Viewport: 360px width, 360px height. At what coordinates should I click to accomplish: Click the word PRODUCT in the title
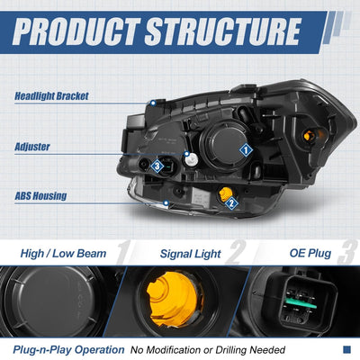(76, 31)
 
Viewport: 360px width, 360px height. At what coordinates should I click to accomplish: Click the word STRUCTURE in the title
(223, 31)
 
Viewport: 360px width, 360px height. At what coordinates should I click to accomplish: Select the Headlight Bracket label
(51, 96)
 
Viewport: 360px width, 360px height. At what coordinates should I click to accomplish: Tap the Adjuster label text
(32, 147)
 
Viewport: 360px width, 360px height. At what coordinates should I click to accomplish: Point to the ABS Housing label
(40, 196)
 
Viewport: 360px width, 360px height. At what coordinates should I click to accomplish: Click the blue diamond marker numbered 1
(246, 150)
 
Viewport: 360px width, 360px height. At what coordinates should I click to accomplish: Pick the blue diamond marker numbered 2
(231, 203)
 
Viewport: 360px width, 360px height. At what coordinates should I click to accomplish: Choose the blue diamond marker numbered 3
(157, 166)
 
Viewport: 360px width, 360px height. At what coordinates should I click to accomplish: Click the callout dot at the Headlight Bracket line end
(153, 103)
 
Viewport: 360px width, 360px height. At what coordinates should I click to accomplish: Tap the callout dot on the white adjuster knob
(187, 154)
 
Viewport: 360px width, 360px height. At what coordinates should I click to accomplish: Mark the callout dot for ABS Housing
(166, 203)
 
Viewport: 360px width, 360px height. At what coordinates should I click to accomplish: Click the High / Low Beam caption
(63, 254)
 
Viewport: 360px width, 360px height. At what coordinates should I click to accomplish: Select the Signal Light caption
(191, 254)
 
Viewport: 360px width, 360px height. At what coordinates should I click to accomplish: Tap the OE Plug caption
(310, 253)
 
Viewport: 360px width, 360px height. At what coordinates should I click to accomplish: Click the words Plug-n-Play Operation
(68, 350)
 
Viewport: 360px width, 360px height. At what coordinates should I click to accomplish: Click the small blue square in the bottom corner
(346, 349)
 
